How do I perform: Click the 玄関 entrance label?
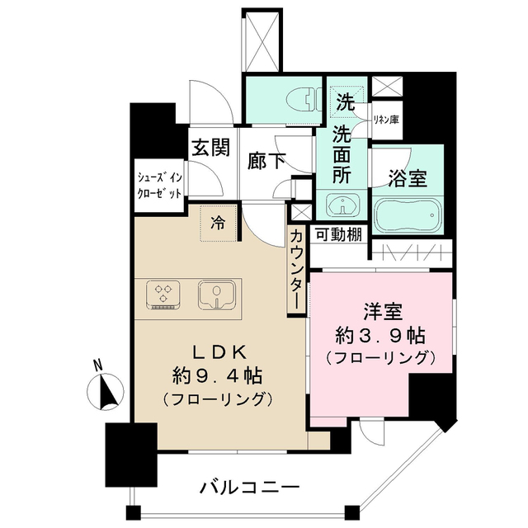[x=210, y=148]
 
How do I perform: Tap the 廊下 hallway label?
[x=266, y=161]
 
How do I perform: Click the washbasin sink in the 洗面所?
[x=338, y=205]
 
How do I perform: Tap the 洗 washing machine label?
[x=345, y=103]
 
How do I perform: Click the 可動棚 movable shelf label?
[x=337, y=233]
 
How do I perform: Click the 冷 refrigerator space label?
[x=219, y=221]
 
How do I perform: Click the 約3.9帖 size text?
[x=380, y=335]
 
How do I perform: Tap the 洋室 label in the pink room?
[x=380, y=311]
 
